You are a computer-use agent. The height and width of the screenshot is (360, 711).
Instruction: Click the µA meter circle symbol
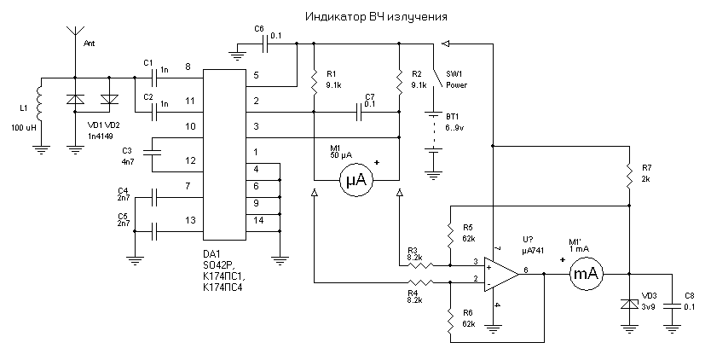(356, 181)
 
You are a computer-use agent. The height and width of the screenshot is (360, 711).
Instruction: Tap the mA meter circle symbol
(586, 274)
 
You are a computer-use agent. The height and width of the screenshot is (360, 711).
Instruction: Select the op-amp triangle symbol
(501, 274)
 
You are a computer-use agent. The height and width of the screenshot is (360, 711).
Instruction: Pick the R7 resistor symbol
(629, 177)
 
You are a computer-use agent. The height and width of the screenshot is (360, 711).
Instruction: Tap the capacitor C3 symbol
(153, 154)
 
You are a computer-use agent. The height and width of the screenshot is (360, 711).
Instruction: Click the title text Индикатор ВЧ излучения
(376, 17)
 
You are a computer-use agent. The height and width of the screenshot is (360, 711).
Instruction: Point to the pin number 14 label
(258, 221)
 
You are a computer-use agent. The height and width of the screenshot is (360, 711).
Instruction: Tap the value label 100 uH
(24, 129)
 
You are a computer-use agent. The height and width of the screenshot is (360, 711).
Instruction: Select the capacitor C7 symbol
(359, 112)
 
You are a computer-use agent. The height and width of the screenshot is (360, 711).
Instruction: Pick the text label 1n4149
(101, 136)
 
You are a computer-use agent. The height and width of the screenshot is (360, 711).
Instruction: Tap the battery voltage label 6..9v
(454, 128)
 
